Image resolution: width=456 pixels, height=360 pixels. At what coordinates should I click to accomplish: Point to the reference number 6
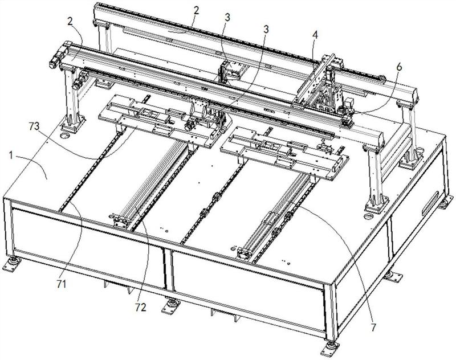tap(399, 66)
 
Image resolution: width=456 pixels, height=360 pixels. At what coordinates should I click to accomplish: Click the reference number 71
tap(62, 283)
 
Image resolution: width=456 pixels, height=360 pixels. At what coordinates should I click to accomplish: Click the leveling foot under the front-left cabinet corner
tap(13, 264)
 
